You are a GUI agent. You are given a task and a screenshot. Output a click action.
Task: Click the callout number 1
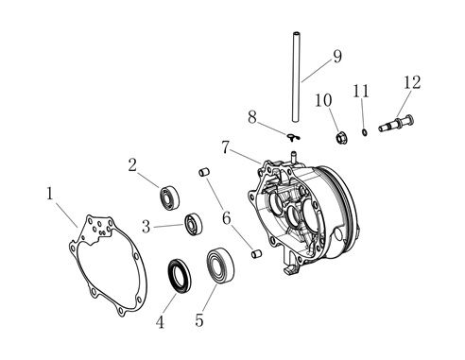pos(49,193)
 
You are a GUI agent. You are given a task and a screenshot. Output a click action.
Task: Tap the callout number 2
pos(132,164)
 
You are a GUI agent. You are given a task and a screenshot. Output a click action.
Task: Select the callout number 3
pos(146,226)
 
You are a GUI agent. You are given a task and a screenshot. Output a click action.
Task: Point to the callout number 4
pos(160,322)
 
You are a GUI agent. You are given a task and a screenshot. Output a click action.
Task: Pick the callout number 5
pos(199,320)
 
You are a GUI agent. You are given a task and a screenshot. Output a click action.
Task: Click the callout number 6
pos(227,218)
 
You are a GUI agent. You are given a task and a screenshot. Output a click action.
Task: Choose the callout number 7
pos(225,147)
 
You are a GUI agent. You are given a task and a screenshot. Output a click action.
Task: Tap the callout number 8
pos(252,117)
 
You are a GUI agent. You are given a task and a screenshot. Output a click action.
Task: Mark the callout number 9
pos(337,57)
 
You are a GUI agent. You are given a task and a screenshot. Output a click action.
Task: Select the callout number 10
pos(323,100)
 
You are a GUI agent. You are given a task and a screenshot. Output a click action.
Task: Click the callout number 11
pos(361,91)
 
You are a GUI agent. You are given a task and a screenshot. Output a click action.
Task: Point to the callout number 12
pos(412,82)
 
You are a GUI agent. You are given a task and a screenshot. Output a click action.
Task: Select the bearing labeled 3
pos(193,224)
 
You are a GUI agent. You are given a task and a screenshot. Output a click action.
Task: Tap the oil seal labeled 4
pos(180,275)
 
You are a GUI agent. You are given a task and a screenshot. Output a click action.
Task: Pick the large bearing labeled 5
pos(220,265)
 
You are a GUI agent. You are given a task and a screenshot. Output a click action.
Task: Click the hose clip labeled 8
pos(294,137)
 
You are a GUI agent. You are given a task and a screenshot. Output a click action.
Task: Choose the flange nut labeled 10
pos(341,138)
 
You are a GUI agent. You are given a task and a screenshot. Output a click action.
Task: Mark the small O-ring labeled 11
pos(365,132)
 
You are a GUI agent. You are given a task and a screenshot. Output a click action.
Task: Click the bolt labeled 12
pos(396,123)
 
